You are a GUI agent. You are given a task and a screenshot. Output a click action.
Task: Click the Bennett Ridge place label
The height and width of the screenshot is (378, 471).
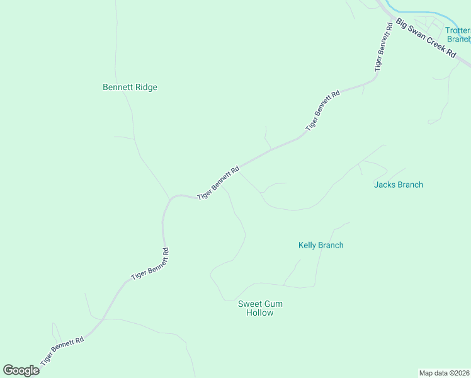click(130, 88)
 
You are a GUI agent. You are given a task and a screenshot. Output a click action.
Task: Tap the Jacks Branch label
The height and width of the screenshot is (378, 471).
click(398, 185)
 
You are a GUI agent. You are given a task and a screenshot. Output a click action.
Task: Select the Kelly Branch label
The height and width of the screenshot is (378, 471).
click(321, 245)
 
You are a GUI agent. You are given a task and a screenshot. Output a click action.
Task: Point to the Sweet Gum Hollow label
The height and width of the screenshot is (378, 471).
click(260, 308)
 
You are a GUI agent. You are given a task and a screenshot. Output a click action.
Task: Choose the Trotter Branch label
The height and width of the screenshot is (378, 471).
click(458, 34)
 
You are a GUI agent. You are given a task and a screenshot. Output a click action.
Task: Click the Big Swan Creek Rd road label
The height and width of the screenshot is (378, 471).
click(426, 38)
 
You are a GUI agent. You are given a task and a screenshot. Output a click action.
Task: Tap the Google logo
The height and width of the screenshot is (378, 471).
click(21, 370)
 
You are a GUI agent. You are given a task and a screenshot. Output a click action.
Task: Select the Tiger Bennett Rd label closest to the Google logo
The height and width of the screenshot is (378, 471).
click(62, 352)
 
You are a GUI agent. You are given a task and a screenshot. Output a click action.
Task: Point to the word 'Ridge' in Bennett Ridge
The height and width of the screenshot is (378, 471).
click(145, 88)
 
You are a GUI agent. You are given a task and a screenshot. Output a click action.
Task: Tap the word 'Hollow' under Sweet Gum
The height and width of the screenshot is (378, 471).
click(260, 312)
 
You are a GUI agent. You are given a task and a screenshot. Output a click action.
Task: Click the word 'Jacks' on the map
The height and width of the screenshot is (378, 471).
click(385, 185)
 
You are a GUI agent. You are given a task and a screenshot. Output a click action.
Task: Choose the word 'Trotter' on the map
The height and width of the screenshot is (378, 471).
click(458, 30)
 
